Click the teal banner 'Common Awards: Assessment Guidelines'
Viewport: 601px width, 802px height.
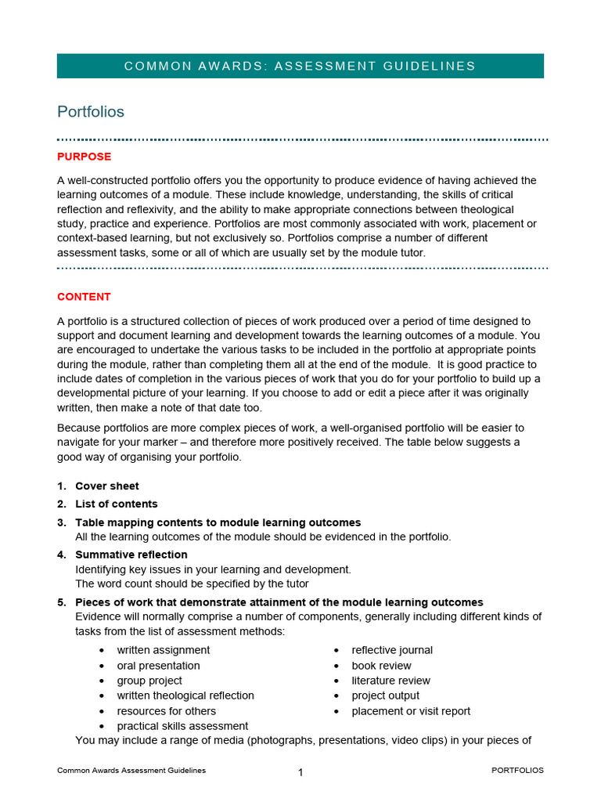pos(300,66)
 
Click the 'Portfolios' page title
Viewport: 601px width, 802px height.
pos(91,112)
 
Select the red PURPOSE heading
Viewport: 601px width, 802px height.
pos(84,157)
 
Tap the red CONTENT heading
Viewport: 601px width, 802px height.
pos(84,297)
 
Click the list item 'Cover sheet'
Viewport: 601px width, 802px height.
pos(107,486)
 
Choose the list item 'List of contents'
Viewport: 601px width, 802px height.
pos(117,504)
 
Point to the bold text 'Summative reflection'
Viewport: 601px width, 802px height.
pos(131,555)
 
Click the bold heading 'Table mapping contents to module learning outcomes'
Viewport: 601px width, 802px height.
pos(218,522)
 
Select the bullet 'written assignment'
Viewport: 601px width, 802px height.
pos(164,650)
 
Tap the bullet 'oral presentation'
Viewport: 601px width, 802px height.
pos(158,666)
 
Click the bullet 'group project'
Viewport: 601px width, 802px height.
pos(149,681)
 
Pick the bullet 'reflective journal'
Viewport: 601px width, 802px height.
pos(392,650)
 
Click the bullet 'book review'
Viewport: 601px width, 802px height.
pos(381,666)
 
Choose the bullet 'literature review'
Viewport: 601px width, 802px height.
pos(390,681)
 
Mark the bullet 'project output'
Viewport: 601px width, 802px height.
pos(385,695)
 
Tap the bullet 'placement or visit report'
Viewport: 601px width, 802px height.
pos(411,711)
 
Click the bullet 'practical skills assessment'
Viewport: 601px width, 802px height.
pos(182,726)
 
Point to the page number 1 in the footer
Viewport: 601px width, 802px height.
pos(300,772)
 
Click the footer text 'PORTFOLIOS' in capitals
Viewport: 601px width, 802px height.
pos(517,770)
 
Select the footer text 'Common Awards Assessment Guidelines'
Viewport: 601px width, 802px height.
pos(131,770)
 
